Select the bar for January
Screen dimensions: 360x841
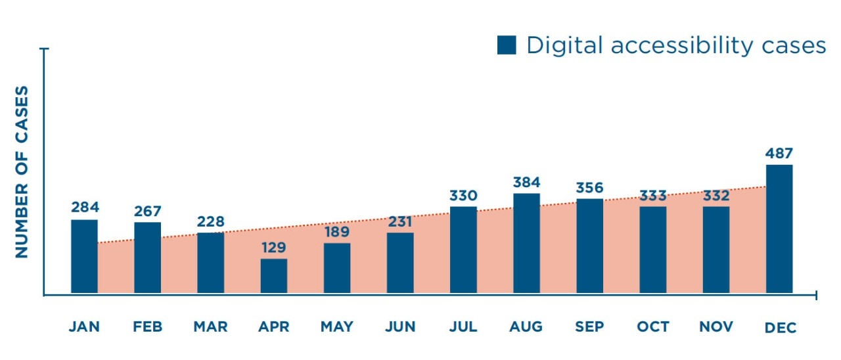coord(84,256)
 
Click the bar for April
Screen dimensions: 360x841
coord(273,276)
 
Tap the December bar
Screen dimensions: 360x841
coord(779,229)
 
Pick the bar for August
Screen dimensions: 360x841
coord(526,243)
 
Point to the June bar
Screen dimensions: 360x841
coord(400,263)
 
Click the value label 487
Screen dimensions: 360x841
coord(779,153)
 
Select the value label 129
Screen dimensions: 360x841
coord(273,248)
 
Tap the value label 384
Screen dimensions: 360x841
coord(526,182)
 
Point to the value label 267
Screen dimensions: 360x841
coord(147,211)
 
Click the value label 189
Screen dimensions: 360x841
coord(336,232)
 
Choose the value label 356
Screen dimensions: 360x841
coord(589,187)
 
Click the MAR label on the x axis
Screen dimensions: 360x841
coord(210,326)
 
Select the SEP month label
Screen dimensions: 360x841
coord(589,326)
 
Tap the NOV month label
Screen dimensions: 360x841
coord(716,326)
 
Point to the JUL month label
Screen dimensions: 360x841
coord(463,326)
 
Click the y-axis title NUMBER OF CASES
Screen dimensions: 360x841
coord(22,171)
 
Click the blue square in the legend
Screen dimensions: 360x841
coord(507,45)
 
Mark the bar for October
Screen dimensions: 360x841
coord(652,250)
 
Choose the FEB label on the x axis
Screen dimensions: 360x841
coord(147,326)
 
